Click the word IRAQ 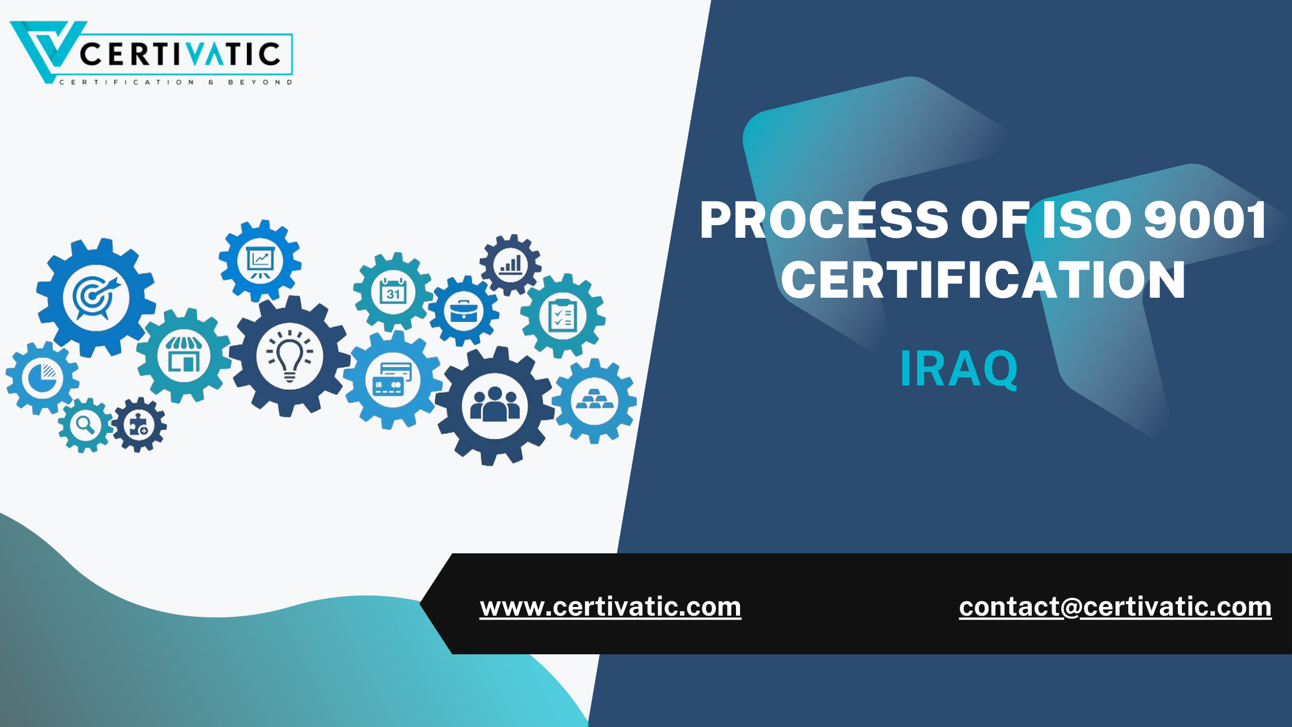pos(959,369)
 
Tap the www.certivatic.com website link pos(610,607)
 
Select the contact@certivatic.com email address pos(1115,607)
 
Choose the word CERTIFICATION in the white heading pos(983,280)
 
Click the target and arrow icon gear pos(96,297)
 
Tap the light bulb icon pos(290,356)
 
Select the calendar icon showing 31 pos(393,293)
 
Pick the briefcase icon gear pos(463,312)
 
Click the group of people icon pos(495,405)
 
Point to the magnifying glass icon pos(85,425)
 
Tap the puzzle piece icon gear pos(139,425)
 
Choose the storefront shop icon pos(184,355)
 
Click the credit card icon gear pos(393,380)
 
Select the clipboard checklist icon pos(563,316)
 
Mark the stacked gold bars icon pos(595,400)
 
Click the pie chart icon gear pos(42,378)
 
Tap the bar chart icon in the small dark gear pos(510,265)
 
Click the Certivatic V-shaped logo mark pos(46,49)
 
